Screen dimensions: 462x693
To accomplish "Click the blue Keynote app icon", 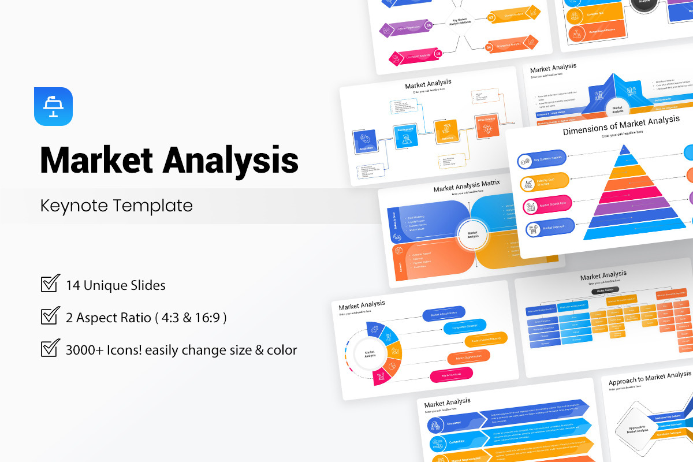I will [x=53, y=106].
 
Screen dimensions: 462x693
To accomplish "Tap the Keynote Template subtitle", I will [x=116, y=205].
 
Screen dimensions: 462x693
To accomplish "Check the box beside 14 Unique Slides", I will [x=50, y=284].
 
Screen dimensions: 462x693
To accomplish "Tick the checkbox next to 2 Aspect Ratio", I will [x=50, y=316].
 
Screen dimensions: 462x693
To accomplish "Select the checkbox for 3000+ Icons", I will [x=50, y=349].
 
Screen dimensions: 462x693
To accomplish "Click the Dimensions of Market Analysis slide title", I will [x=621, y=124].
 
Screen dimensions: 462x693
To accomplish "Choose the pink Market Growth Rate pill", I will [x=546, y=205].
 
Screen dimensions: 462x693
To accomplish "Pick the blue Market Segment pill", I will [x=549, y=228].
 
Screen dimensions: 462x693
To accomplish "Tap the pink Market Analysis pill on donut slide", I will [x=451, y=375].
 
